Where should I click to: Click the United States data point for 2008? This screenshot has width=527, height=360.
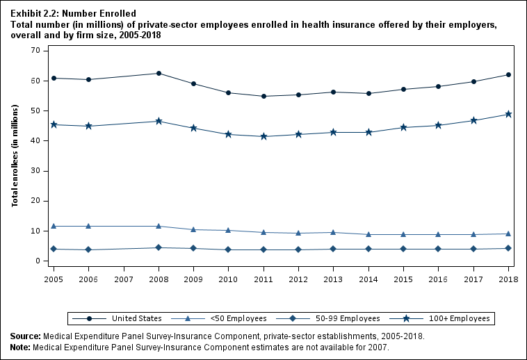[159, 73]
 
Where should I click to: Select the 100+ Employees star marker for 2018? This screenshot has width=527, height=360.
[508, 114]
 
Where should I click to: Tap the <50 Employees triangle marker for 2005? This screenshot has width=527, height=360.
[54, 226]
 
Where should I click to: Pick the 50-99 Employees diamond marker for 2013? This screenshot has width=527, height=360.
[334, 249]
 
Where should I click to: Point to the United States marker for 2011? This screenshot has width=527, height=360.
[263, 96]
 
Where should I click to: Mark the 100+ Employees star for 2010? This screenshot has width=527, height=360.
[229, 134]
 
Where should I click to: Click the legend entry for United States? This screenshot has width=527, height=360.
[118, 318]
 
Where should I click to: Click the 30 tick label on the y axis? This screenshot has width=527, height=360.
[35, 171]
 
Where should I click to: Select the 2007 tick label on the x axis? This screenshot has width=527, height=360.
[124, 278]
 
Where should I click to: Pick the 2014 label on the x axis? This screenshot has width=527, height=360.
[368, 278]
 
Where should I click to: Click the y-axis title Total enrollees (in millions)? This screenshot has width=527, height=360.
[15, 156]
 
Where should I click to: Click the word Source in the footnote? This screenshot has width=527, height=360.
[24, 336]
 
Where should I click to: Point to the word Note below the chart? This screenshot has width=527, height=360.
[21, 346]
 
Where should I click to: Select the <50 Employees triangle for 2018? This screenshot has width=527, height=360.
[508, 234]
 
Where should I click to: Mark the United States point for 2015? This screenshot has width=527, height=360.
[403, 89]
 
